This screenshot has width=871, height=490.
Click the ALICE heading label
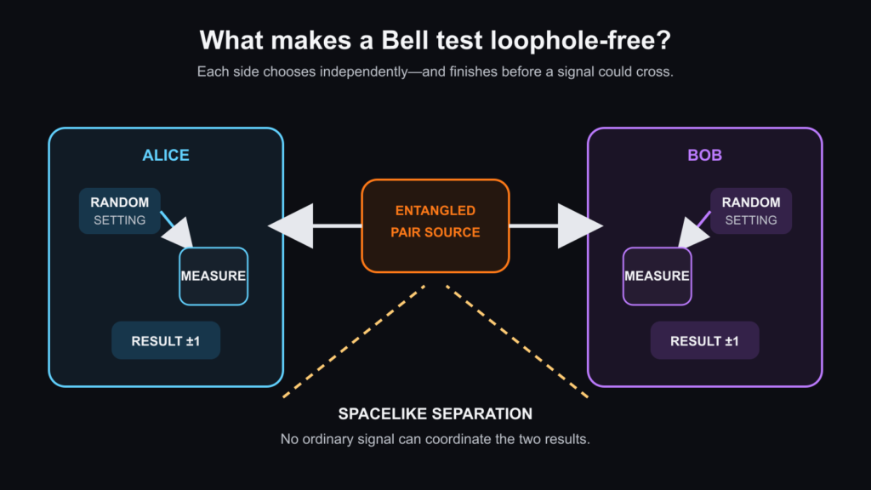point(166,155)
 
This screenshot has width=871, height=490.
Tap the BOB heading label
point(704,155)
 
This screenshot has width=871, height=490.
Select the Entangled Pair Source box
point(435,225)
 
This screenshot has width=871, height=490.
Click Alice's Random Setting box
point(119,211)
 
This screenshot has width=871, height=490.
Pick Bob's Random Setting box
point(751,211)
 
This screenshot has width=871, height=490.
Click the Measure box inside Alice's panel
point(213,276)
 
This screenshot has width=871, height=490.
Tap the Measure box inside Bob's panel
point(658,276)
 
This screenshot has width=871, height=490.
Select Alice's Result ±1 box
point(166,340)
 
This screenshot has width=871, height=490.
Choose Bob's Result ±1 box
point(704,340)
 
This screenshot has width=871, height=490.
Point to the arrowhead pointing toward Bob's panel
point(577,225)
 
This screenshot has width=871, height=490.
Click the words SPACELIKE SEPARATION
point(435,414)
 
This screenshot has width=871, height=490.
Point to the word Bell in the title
point(404,41)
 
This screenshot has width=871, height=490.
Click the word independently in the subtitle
point(364,72)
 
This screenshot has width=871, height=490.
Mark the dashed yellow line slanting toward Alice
point(354,342)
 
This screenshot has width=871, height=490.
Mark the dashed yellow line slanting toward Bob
point(517,342)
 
